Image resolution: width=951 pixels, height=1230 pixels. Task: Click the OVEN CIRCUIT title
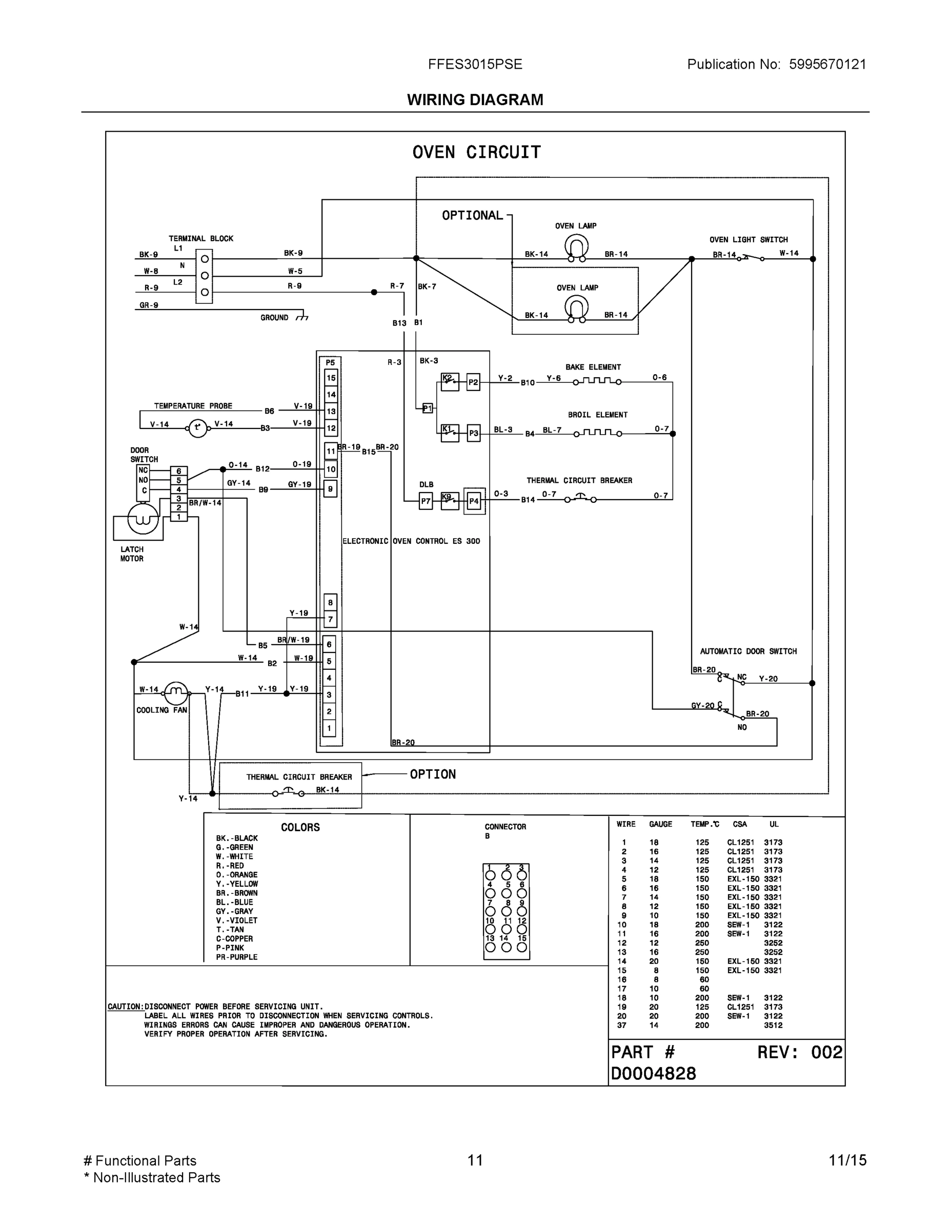click(x=476, y=152)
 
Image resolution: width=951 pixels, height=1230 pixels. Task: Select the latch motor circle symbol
click(x=143, y=518)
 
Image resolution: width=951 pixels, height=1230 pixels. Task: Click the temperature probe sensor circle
click(x=197, y=428)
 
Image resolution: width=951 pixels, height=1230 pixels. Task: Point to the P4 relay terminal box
click(x=474, y=501)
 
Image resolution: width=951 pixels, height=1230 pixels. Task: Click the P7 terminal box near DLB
click(x=426, y=501)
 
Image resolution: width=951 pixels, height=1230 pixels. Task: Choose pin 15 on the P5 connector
click(x=331, y=378)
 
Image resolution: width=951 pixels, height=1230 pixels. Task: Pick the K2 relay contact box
click(x=449, y=382)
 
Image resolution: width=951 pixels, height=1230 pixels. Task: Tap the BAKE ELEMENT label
click(x=593, y=367)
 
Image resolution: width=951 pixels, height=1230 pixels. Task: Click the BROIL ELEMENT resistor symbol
click(x=597, y=433)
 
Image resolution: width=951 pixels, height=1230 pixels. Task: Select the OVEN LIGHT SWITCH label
click(x=748, y=240)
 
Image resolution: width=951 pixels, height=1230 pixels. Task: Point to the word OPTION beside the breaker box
click(x=432, y=774)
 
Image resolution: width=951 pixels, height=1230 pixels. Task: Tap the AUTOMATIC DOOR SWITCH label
click(x=748, y=651)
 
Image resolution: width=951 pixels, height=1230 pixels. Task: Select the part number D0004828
click(x=654, y=1074)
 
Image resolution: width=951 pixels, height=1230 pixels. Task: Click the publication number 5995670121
click(x=827, y=64)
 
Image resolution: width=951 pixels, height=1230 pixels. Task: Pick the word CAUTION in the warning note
click(x=125, y=1007)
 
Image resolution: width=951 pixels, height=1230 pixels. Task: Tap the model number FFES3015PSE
click(x=475, y=64)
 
